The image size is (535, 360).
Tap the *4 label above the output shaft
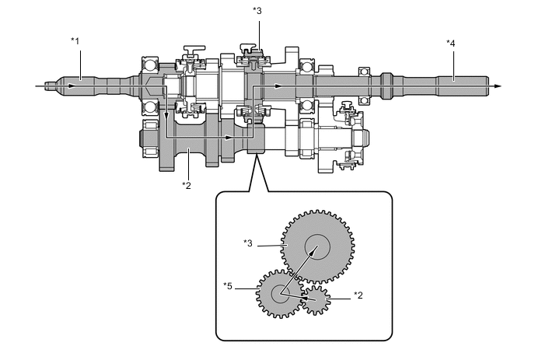coord(452,43)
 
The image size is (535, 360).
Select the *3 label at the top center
coord(258,10)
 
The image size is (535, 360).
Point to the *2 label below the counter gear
coord(187,184)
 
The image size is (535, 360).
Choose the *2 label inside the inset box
coord(358,295)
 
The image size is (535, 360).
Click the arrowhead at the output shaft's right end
coord(498,86)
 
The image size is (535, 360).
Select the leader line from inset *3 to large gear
coord(271,244)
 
